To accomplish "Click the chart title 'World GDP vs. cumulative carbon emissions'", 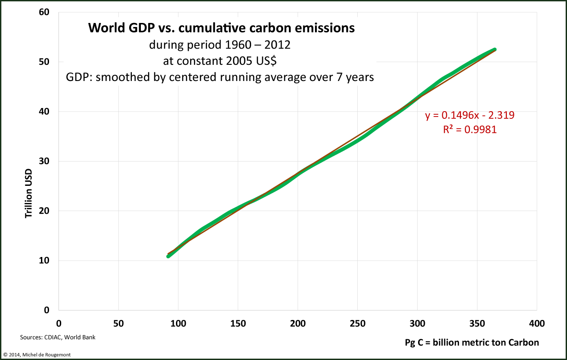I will [x=221, y=28].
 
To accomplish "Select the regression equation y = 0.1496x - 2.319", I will [x=470, y=116].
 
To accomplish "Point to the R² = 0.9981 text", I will [x=470, y=130].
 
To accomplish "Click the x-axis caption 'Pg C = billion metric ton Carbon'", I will [x=472, y=342].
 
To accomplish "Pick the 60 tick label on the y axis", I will [x=43, y=12].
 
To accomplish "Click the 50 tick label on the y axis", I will [x=43, y=62].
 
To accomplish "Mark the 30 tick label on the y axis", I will [x=43, y=161].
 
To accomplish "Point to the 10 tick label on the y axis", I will [x=43, y=261].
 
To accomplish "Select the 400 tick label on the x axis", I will [x=536, y=324].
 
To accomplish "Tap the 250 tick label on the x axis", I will [x=357, y=324].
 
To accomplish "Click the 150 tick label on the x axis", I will [x=238, y=324].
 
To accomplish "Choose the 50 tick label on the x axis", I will [x=118, y=324].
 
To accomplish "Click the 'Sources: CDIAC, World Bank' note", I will [x=58, y=337].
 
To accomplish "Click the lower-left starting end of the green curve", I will [x=168, y=256].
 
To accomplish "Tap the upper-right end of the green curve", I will [x=495, y=49].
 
